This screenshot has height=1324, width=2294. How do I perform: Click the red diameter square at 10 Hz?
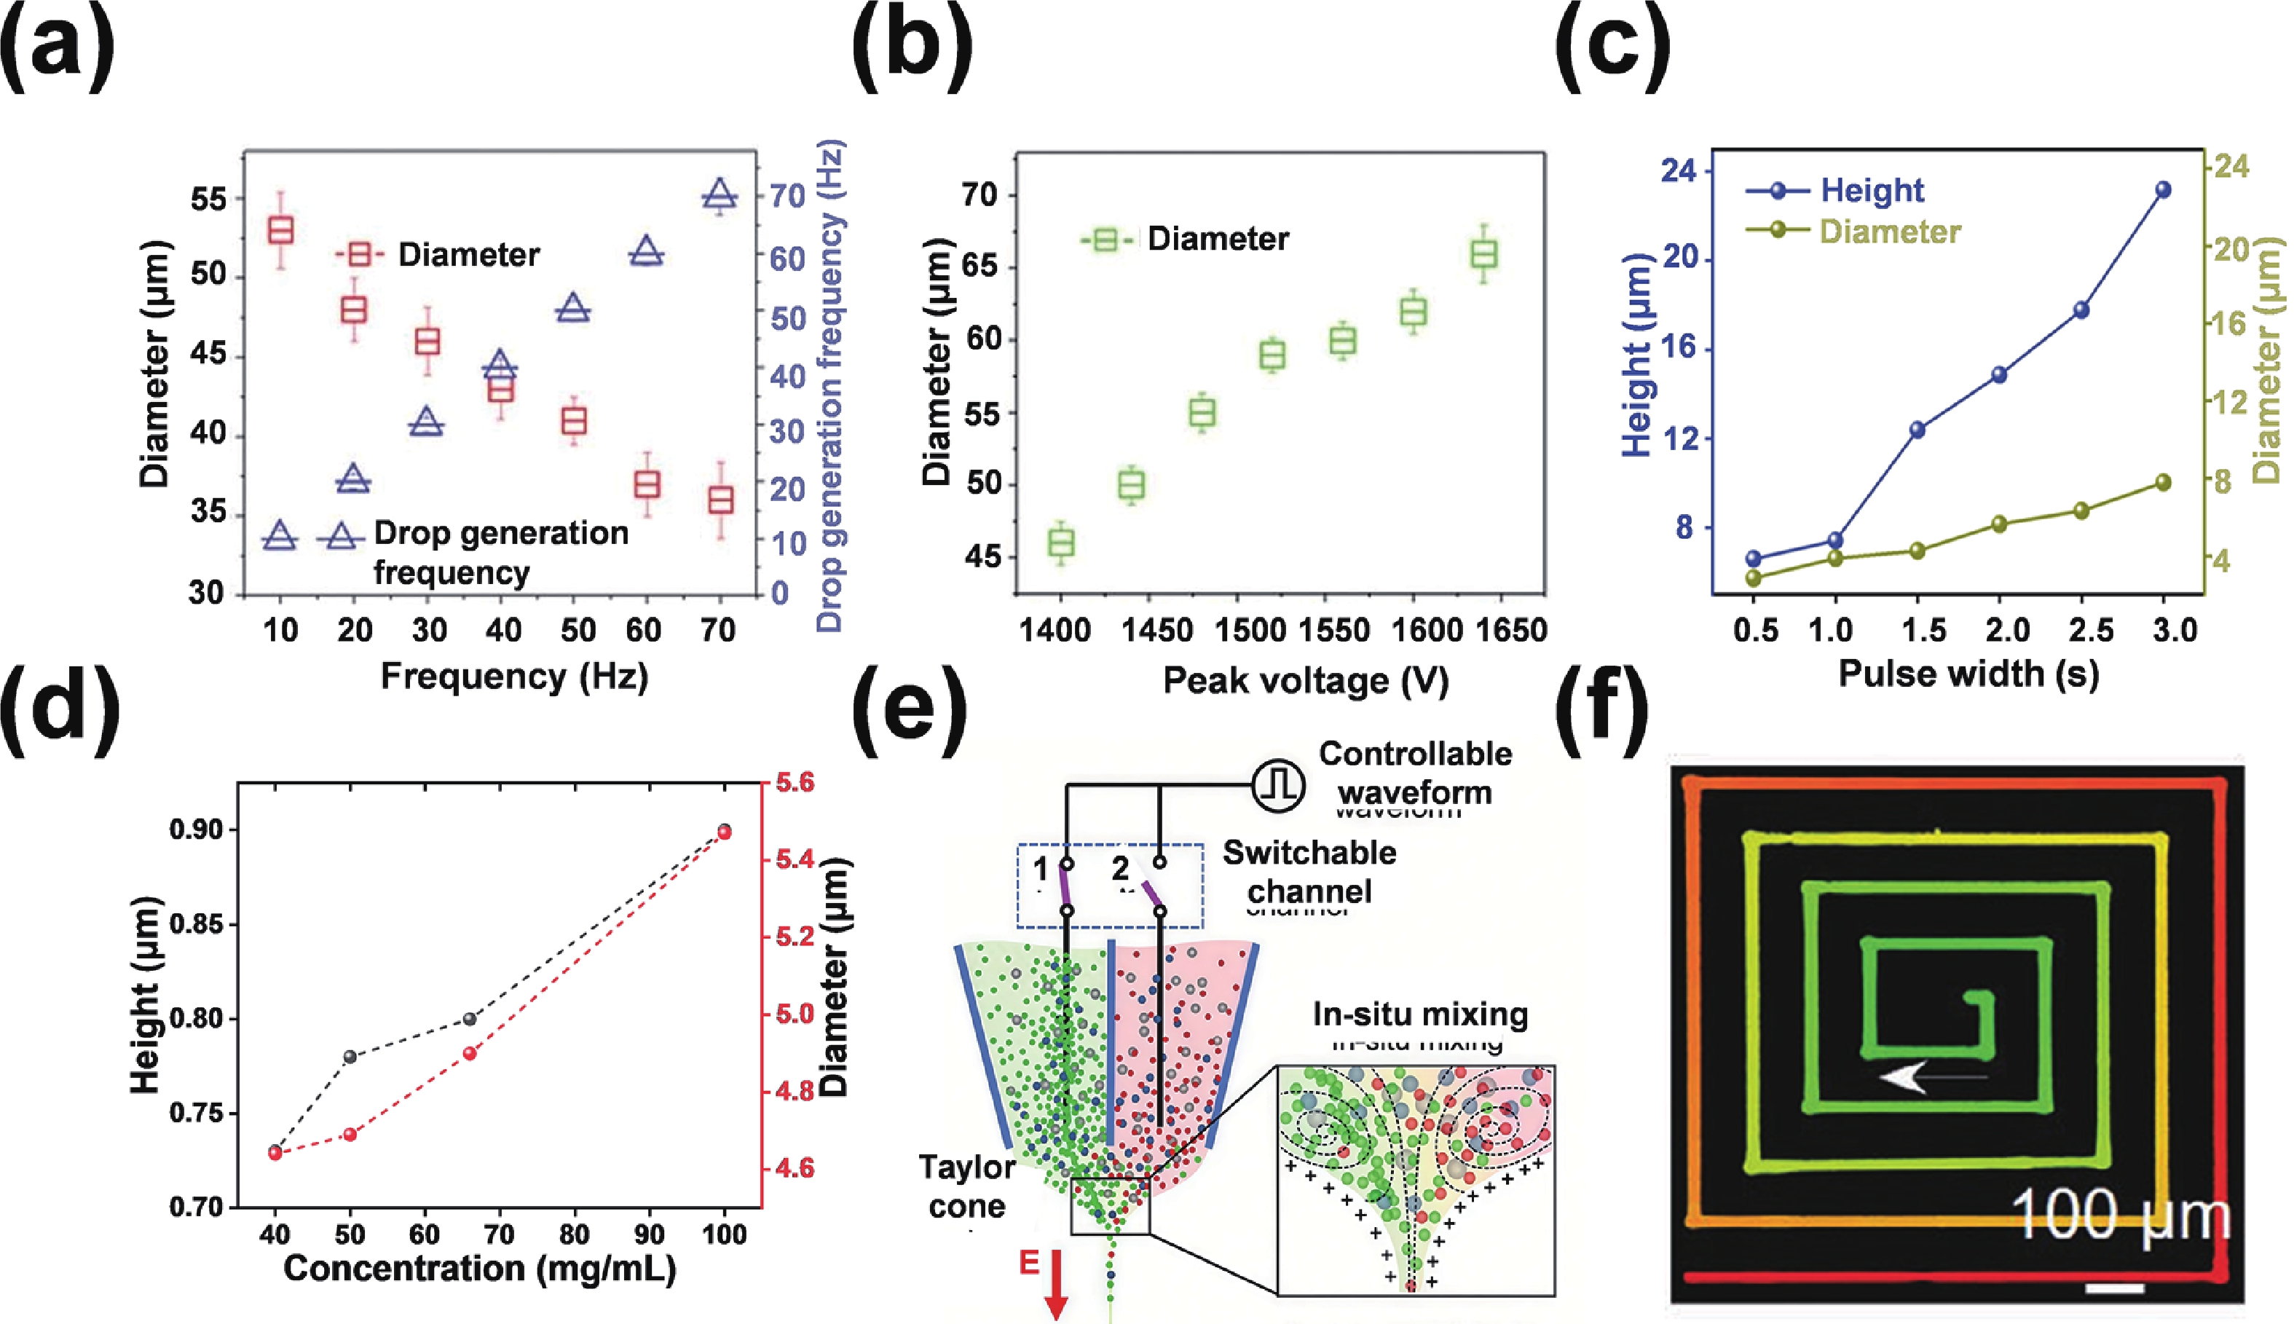pos(281,230)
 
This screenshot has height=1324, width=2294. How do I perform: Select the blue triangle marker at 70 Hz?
pos(720,195)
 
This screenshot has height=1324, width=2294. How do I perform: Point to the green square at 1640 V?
pos(1484,255)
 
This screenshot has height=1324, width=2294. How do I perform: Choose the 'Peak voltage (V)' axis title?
pos(1305,681)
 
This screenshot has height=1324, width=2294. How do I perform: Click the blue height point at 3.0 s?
pos(2163,190)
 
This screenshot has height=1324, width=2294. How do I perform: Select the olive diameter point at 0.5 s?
pos(1754,578)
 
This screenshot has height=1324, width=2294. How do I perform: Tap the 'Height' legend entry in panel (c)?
pos(1870,190)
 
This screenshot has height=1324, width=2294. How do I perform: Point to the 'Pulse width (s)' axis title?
pos(1968,674)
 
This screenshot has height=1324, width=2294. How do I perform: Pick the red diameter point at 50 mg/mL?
pos(350,1134)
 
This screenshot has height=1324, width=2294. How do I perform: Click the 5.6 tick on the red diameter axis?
pos(794,783)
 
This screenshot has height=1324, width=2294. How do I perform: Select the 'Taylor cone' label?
pos(966,1186)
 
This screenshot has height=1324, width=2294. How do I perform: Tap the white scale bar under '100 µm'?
pos(2114,1287)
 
